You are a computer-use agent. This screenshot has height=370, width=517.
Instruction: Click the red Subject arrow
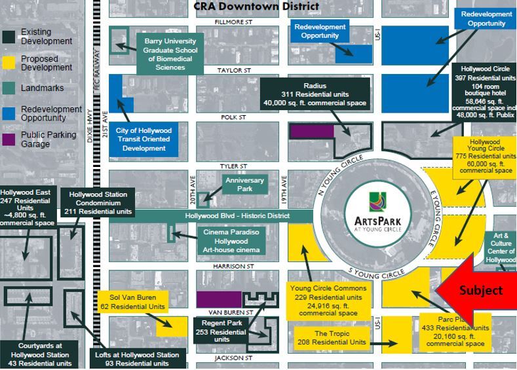click(x=476, y=289)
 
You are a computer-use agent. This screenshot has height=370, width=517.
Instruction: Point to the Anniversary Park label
click(x=244, y=185)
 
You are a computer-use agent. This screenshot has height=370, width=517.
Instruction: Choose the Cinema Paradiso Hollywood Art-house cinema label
click(x=231, y=241)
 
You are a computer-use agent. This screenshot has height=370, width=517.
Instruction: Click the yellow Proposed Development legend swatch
click(x=10, y=63)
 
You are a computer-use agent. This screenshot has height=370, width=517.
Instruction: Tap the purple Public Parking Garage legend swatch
click(x=10, y=139)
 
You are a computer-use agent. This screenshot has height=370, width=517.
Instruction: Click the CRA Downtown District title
click(x=256, y=7)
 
